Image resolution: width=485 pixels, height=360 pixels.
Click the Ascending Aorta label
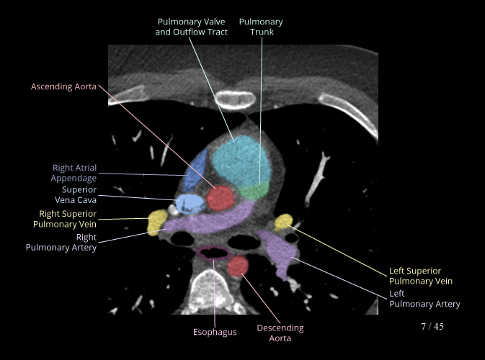63,86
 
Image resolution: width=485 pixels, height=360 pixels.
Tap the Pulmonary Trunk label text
261,27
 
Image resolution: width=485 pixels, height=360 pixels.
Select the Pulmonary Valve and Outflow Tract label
192,27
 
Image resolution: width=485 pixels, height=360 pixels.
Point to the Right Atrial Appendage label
74,173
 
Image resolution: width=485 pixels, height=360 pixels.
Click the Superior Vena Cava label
79,194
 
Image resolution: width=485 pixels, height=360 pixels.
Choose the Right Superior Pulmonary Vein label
68,218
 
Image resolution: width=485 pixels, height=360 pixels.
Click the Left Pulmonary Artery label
424,299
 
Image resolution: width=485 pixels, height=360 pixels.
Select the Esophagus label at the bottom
215,332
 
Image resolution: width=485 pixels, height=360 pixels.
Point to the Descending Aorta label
280,333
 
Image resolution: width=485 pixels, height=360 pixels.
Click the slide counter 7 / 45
432,326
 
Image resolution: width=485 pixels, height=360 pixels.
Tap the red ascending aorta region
221,197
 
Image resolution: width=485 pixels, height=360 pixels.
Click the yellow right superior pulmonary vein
155,222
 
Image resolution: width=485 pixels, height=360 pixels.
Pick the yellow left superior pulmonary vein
282,220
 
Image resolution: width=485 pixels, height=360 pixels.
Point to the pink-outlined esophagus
214,253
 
